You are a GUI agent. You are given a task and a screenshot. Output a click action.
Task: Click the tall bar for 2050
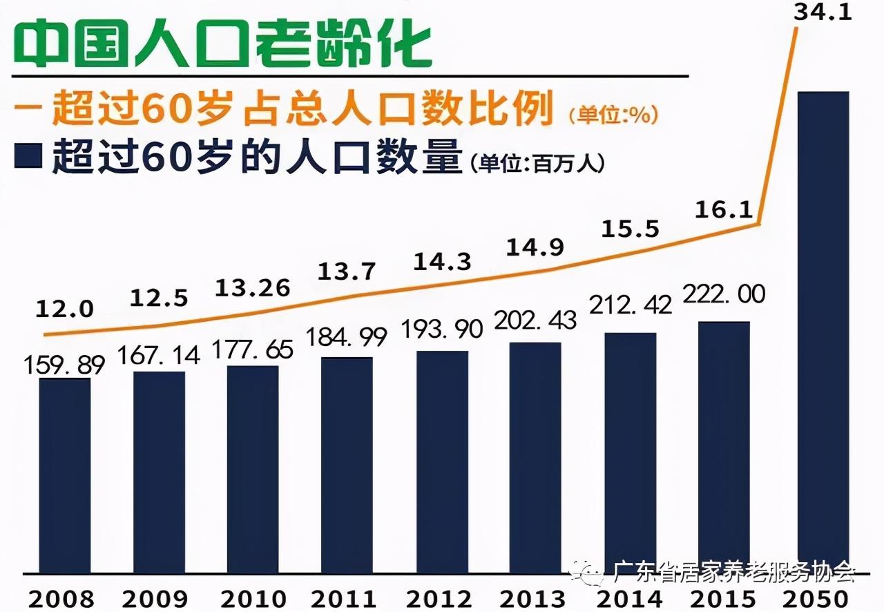[x=823, y=332]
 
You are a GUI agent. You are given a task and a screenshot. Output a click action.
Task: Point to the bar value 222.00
[x=724, y=295]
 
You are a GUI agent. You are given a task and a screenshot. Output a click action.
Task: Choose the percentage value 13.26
[x=253, y=287]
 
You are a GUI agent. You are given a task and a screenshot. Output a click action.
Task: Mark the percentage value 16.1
[x=723, y=210]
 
